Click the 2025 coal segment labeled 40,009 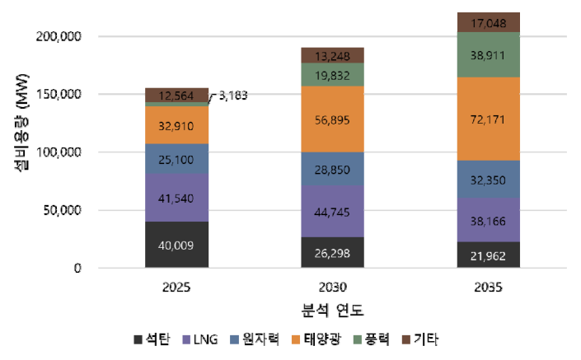point(176,244)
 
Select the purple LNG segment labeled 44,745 point(332,210)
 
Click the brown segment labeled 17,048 point(488,23)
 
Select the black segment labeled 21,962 point(488,254)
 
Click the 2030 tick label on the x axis point(332,288)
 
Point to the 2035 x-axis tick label point(488,288)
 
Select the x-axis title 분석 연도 point(332,311)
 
